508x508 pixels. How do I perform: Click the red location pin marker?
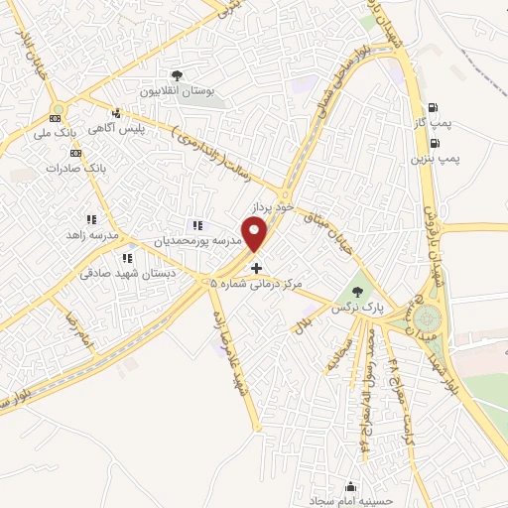pyautogui.click(x=256, y=234)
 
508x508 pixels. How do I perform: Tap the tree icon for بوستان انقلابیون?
pyautogui.click(x=177, y=74)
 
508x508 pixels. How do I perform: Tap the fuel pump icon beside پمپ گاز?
pyautogui.click(x=433, y=108)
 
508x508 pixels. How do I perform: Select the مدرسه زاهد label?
pyautogui.click(x=90, y=234)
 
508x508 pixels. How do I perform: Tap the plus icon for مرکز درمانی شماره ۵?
pyautogui.click(x=257, y=268)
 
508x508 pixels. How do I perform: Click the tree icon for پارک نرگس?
pyautogui.click(x=358, y=292)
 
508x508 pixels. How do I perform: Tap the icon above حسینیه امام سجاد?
pyautogui.click(x=350, y=486)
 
